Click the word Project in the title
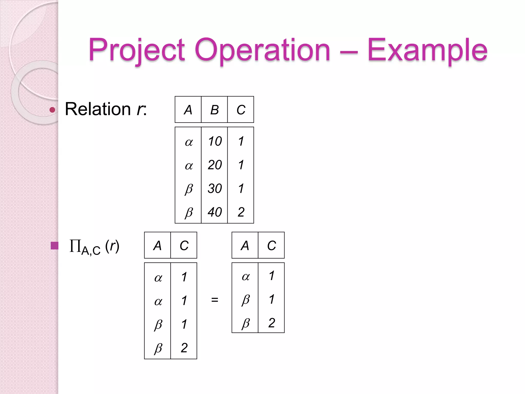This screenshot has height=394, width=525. (137, 50)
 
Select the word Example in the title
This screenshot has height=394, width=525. (427, 50)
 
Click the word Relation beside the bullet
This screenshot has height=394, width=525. (98, 109)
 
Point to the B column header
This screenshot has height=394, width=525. (215, 110)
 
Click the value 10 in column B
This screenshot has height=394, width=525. (215, 141)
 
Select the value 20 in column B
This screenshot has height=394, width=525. (215, 165)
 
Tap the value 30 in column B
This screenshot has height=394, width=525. (215, 189)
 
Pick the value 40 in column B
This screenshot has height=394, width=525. (215, 212)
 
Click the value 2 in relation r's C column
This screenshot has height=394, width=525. (241, 212)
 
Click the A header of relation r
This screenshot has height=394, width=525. (188, 110)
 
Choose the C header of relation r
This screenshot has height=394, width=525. (241, 110)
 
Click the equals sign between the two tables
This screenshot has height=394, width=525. (215, 299)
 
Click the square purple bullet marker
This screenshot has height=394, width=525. (54, 246)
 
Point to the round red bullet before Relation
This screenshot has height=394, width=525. (52, 110)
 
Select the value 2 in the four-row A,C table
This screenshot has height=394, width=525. (184, 348)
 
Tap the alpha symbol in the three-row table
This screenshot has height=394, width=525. (246, 277)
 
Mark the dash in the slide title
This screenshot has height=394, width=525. (349, 52)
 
